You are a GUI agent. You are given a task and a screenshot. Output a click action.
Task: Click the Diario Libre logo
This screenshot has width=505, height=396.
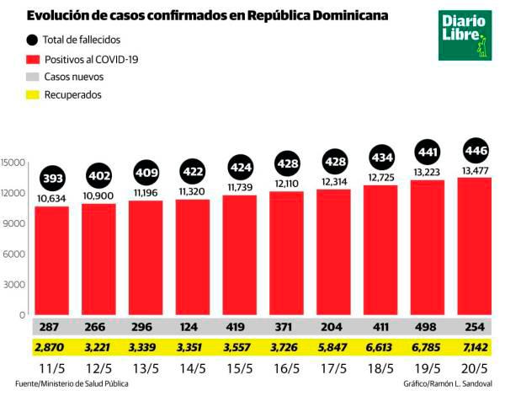point(464,35)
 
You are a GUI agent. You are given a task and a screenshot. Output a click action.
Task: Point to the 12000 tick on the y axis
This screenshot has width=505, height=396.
point(13,192)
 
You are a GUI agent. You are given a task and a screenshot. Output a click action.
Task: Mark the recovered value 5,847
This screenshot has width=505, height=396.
point(333,346)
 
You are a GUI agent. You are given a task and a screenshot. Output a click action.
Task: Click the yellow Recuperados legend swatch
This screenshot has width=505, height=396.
point(34,95)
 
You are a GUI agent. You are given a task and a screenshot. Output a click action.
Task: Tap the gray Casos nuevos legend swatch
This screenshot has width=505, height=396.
point(34,77)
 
